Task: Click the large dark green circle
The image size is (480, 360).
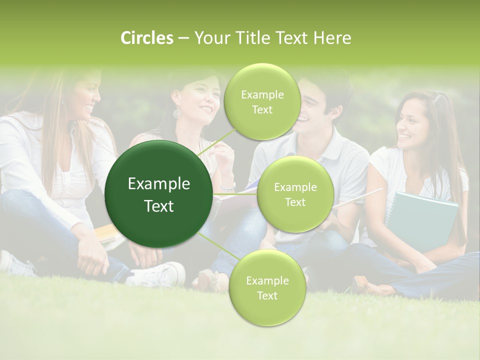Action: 158,194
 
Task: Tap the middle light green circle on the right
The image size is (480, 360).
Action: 295,194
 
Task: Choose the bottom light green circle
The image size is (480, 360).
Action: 267,288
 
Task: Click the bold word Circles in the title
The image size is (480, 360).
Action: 147,38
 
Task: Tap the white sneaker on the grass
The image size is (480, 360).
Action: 157,274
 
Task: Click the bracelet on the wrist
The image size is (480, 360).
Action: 228,187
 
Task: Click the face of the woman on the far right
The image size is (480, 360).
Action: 411,124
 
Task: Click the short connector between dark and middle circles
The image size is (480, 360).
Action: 234,194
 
